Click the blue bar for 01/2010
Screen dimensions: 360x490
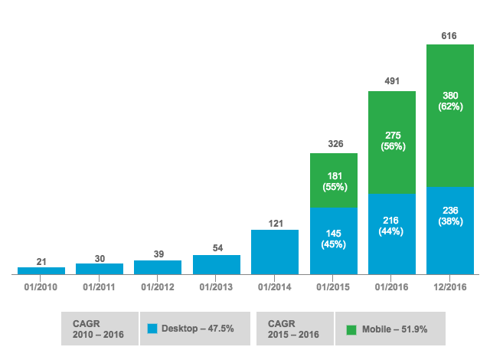[x=41, y=270]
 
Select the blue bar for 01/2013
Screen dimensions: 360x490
[x=217, y=264]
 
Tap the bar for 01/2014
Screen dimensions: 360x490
[x=275, y=251]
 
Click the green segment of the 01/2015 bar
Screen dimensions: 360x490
[x=334, y=181]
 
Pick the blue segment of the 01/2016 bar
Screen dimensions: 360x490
[x=392, y=234]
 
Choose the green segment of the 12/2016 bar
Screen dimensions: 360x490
[x=450, y=115]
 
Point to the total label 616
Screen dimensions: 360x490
[x=450, y=36]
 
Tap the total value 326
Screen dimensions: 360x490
[x=334, y=144]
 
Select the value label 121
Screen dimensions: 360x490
[x=275, y=223]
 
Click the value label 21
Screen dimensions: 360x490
[x=41, y=261]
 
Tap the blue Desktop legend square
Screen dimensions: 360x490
[x=152, y=329]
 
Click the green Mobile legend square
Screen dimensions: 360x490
[x=351, y=329]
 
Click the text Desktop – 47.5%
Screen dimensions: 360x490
[x=198, y=329]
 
